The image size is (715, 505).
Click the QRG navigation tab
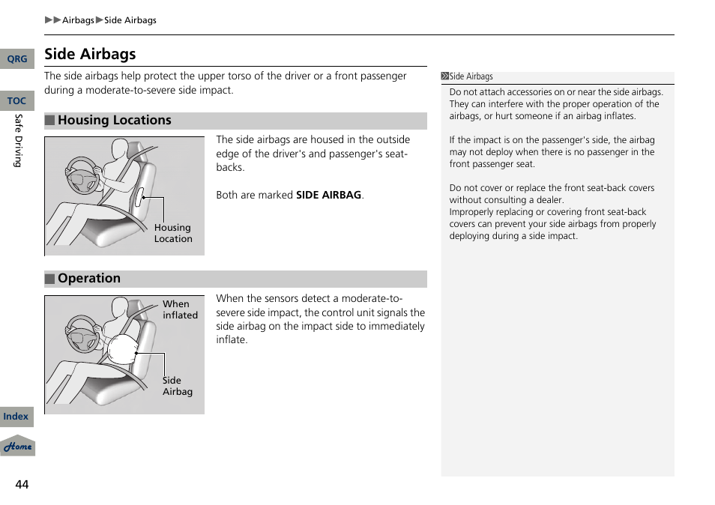[x=16, y=59]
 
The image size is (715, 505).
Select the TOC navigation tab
[x=16, y=101]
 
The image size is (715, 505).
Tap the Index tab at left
[x=16, y=417]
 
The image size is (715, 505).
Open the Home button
[x=17, y=447]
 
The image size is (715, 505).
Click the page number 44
[x=22, y=485]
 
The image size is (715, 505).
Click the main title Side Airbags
[x=90, y=54]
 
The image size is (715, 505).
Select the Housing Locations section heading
[x=114, y=121]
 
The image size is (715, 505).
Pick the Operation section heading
[x=88, y=279]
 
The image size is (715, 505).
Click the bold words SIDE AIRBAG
[x=328, y=195]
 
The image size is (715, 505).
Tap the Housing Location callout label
[x=173, y=233]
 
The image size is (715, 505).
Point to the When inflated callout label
[x=180, y=309]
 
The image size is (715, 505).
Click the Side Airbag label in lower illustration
[x=178, y=386]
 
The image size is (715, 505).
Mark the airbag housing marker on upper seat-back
[x=139, y=197]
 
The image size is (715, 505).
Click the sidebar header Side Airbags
[x=471, y=76]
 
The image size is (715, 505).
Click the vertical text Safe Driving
[x=18, y=140]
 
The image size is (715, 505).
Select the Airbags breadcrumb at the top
[x=78, y=20]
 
